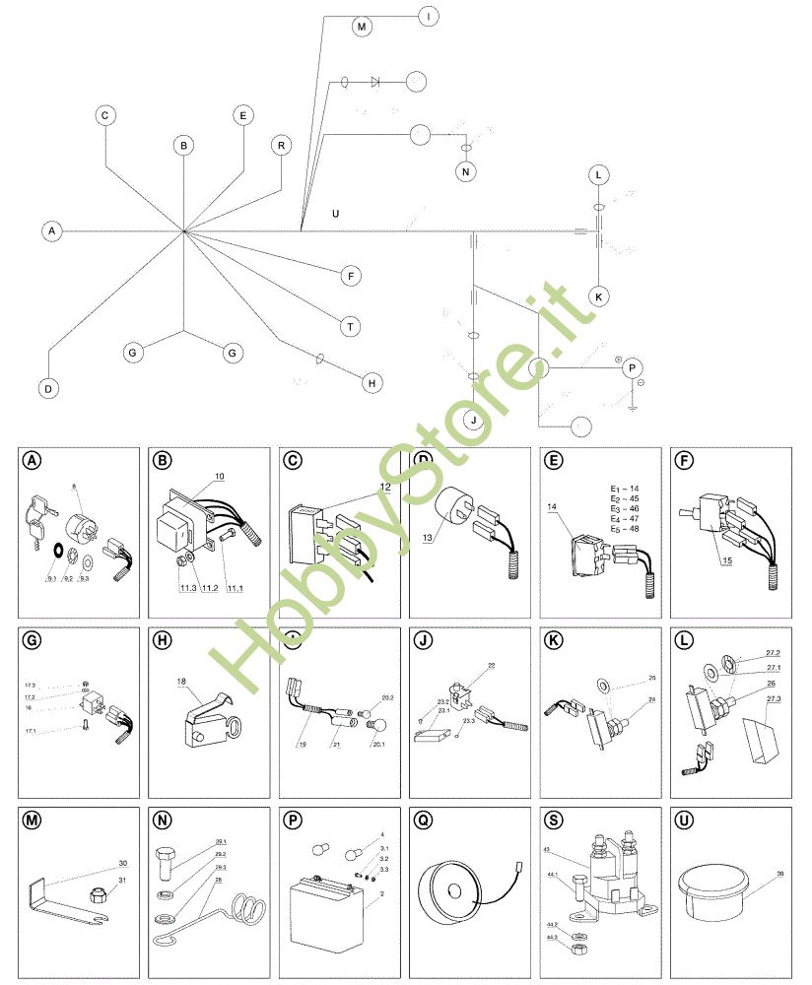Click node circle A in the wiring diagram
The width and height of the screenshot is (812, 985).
pyautogui.click(x=52, y=231)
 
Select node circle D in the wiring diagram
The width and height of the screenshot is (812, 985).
pyautogui.click(x=47, y=388)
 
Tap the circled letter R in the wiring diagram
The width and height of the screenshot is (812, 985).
pyautogui.click(x=282, y=146)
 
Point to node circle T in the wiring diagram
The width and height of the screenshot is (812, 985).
pyautogui.click(x=351, y=325)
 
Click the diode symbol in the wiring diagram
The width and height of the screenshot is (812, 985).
pyautogui.click(x=375, y=82)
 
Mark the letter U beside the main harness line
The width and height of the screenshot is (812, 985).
pyautogui.click(x=336, y=213)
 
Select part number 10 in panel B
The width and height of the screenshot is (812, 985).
pyautogui.click(x=219, y=476)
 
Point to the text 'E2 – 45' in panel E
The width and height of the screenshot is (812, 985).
pyautogui.click(x=625, y=499)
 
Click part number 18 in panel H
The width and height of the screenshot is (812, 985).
pyautogui.click(x=182, y=681)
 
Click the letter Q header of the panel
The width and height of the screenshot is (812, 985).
pyautogui.click(x=423, y=820)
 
